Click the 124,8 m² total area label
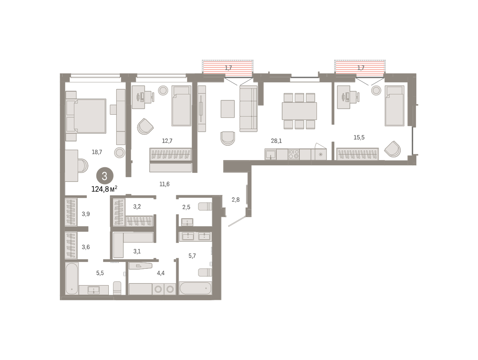pos(104,189)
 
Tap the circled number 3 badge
pos(105,176)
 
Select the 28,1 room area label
pos(276,141)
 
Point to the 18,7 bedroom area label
pos(97,152)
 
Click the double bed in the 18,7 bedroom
pos(86,116)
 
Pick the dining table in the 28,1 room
pos(299,111)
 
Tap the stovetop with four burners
pos(294,154)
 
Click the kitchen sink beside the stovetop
pos(270,155)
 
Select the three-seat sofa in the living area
pos(248,108)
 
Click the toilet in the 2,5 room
pos(205,206)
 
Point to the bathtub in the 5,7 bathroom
pos(195,288)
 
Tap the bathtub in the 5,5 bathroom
pos(72,278)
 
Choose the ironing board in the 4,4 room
pos(141,266)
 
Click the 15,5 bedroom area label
pos(359,137)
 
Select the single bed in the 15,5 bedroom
pos(394,106)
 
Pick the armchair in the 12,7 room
pos(145,127)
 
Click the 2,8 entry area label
pos(236,200)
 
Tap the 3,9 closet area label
pos(86,214)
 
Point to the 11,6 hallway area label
pos(165,184)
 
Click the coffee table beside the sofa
pos(227,109)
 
